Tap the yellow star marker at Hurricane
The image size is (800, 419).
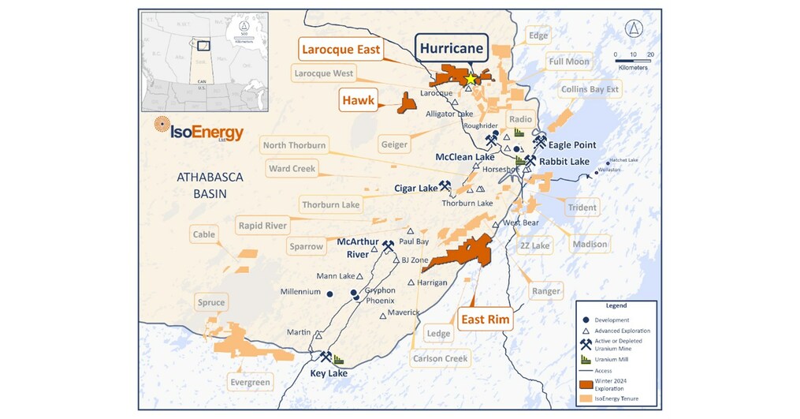click(471, 79)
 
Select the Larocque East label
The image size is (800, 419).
click(340, 50)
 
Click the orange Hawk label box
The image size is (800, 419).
click(358, 100)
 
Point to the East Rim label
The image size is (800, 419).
click(485, 320)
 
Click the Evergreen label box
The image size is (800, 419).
click(250, 383)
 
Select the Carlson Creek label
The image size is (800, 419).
click(440, 359)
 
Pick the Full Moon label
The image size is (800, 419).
click(569, 62)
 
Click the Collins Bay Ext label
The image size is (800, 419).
click(590, 89)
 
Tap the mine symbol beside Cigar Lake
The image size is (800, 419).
click(445, 186)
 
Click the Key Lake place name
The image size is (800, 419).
click(329, 373)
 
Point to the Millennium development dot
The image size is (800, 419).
click(330, 294)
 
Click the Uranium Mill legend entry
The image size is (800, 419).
click(611, 359)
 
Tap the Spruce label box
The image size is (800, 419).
click(211, 302)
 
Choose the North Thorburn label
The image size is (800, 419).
click(294, 145)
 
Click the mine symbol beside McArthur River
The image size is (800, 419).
click(388, 245)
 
